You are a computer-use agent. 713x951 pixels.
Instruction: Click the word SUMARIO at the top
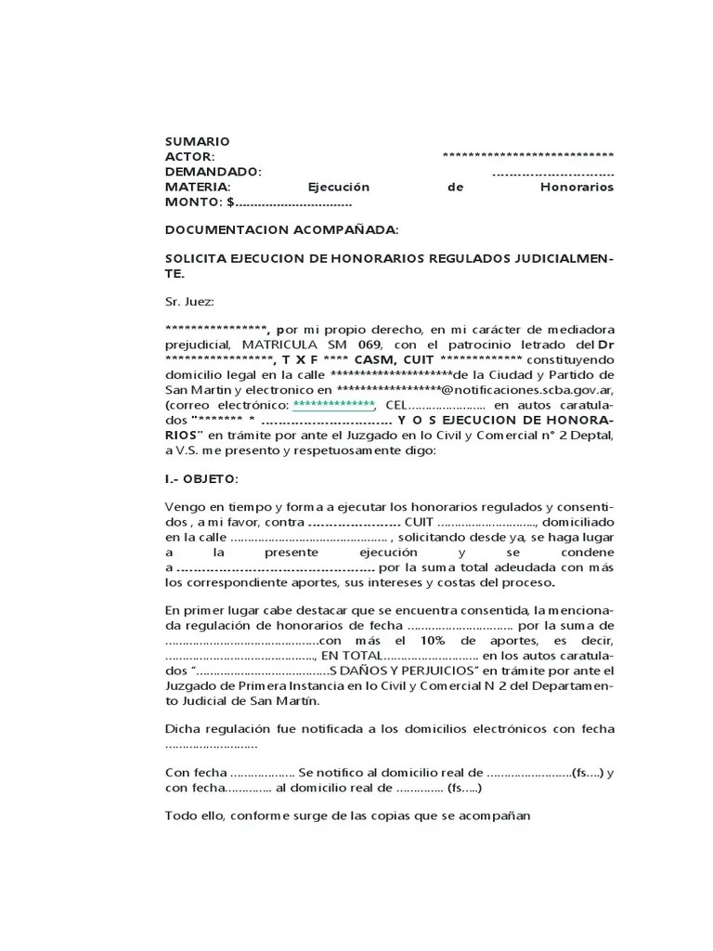coord(197,141)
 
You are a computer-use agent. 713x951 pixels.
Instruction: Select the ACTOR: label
coord(190,156)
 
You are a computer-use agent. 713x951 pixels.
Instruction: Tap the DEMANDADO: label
coord(214,172)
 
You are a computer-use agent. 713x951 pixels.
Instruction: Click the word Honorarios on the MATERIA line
coord(577,187)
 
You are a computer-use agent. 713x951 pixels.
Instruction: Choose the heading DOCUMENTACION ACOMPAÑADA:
coord(282,228)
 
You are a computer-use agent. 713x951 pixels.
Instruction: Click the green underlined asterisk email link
coord(333,404)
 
